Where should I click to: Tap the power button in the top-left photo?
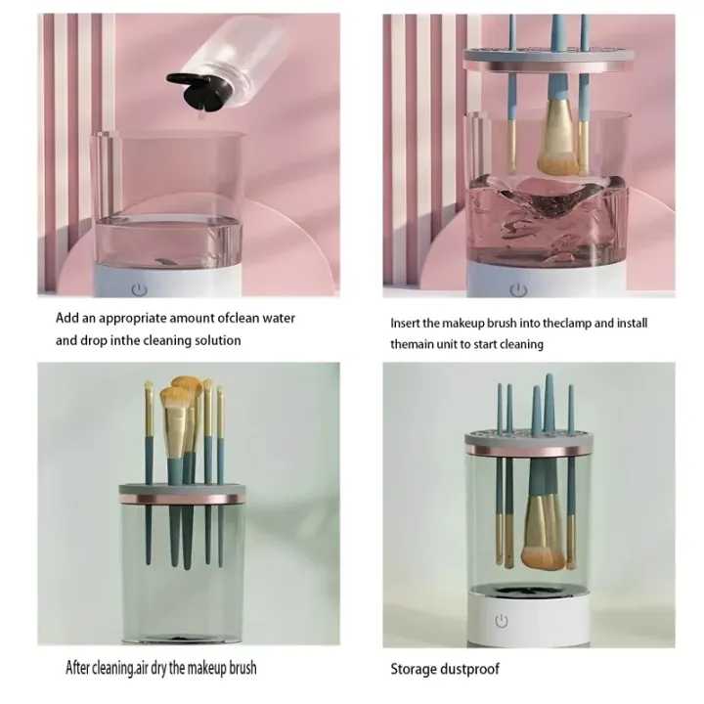coord(139,289)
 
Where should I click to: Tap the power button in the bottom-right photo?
coord(502,621)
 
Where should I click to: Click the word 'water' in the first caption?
coord(276,318)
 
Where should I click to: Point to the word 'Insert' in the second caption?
coord(408,323)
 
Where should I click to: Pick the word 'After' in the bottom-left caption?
coord(81,669)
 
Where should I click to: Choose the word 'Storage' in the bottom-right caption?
coord(413,669)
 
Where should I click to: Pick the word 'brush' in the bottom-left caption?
coord(240,669)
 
